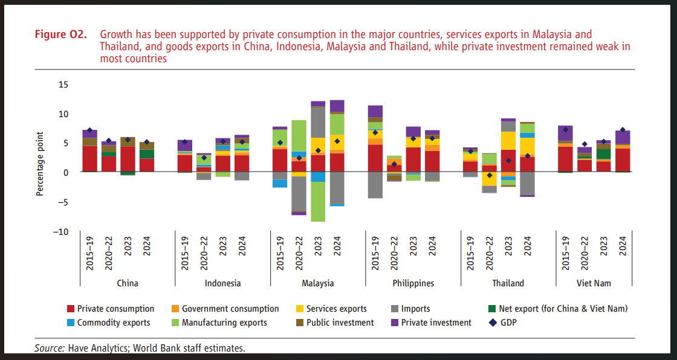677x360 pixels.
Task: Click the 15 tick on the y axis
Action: coord(63,84)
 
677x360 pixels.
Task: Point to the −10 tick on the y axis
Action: coord(60,231)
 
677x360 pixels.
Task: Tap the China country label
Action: coord(128,283)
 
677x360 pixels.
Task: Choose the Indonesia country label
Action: coord(223,283)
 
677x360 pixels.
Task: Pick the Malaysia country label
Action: coord(318,283)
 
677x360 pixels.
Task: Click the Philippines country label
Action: coord(413,283)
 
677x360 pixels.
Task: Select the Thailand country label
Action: coord(508,283)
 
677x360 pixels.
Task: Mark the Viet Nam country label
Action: coord(594,283)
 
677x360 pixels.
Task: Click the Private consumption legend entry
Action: coord(115,309)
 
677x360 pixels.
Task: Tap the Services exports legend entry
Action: coord(336,309)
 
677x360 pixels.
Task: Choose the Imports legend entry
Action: coord(416,309)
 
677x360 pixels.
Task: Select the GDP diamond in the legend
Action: coord(493,323)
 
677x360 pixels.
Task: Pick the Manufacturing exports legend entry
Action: coord(224,323)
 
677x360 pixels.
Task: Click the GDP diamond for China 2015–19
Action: coord(89,130)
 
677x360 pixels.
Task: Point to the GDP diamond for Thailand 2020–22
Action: coord(490,175)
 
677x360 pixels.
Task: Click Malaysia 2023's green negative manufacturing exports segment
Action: coord(319,202)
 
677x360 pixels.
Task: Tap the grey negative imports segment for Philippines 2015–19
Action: coord(375,185)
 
